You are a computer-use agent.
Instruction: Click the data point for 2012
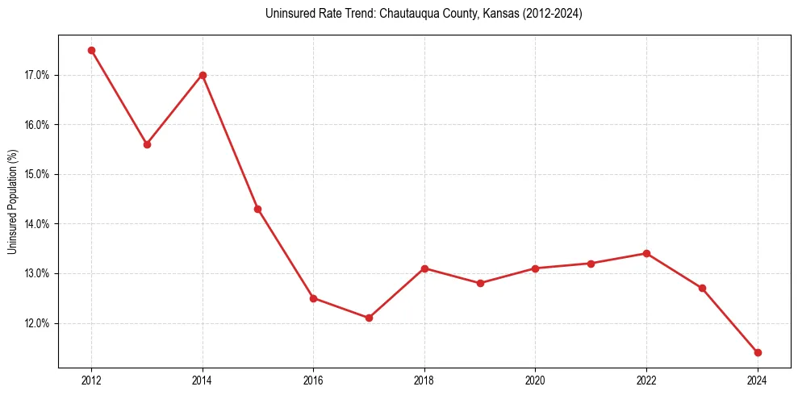91,50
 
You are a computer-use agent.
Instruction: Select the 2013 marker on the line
147,144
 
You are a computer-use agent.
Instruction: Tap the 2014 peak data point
203,75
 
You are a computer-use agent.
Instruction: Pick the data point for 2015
257,209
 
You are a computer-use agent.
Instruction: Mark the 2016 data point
313,298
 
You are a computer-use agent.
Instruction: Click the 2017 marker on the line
369,318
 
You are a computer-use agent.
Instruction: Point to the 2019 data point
480,283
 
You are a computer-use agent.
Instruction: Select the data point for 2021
591,264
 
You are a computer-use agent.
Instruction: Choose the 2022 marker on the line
646,253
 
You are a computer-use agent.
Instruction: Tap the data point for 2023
702,288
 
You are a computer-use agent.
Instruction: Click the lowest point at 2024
758,352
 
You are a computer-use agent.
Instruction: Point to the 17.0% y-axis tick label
37,76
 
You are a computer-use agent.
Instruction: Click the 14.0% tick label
37,224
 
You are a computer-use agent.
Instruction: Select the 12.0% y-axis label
37,323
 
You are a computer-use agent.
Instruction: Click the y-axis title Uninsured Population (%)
13,202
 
